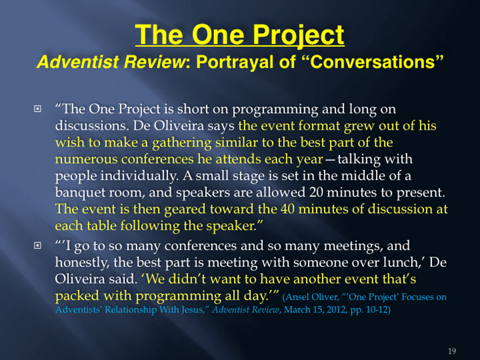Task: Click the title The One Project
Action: click(240, 35)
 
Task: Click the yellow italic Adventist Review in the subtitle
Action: click(111, 61)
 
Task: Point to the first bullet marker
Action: click(37, 109)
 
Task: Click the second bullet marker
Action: click(37, 245)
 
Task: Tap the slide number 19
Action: click(452, 351)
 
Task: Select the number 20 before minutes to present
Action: click(316, 192)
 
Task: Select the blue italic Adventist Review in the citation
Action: click(246, 310)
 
